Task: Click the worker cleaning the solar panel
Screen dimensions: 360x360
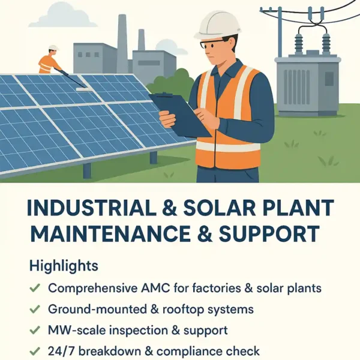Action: [x=48, y=62]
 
